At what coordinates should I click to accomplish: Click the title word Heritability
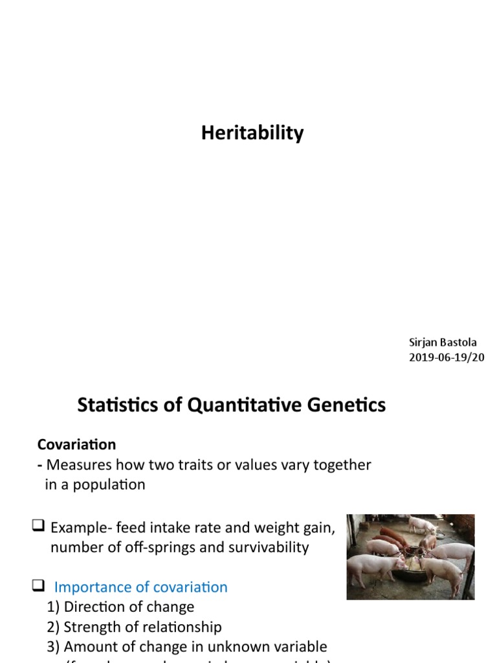[x=252, y=133]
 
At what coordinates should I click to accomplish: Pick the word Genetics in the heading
[x=347, y=406]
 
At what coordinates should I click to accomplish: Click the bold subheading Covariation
[x=76, y=445]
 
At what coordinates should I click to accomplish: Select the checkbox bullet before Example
[x=38, y=528]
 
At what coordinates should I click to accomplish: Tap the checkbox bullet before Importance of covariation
[x=38, y=587]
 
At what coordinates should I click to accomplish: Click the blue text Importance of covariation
[x=140, y=587]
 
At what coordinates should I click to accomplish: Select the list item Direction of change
[x=120, y=607]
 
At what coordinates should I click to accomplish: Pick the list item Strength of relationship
[x=134, y=627]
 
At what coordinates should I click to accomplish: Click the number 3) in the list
[x=54, y=647]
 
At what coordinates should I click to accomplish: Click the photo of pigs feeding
[x=410, y=557]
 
